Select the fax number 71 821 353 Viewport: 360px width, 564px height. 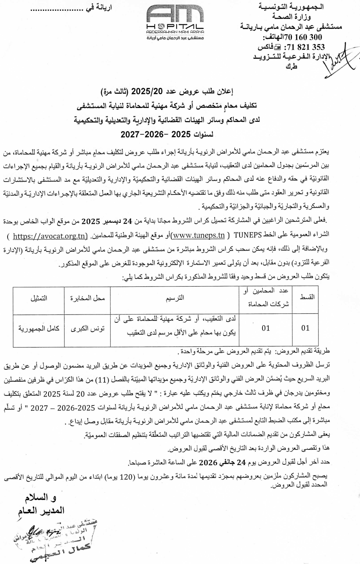[x=304, y=47]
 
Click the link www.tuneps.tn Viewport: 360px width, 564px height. [x=198, y=236]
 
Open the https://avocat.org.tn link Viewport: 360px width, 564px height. [x=49, y=236]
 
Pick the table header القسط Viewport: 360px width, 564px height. [x=307, y=297]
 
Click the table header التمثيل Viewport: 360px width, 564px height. [x=39, y=298]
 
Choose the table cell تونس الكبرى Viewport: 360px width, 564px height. [x=88, y=328]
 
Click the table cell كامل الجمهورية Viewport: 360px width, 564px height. [x=39, y=328]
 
